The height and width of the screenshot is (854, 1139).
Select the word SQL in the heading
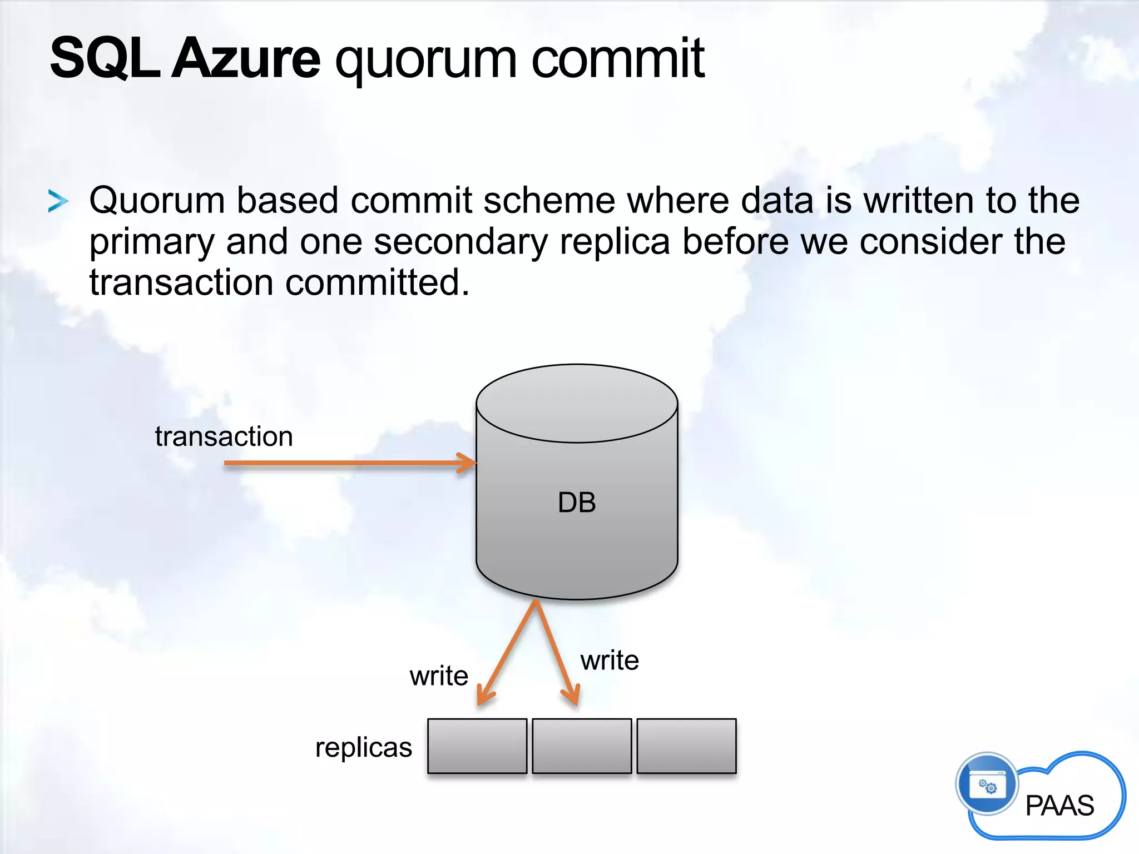[x=105, y=58]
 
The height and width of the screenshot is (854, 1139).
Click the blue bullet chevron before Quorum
[x=58, y=201]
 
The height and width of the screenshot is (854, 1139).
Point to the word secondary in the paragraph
[x=460, y=241]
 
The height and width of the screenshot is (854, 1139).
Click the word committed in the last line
[x=377, y=282]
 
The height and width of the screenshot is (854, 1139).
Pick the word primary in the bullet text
[x=151, y=242]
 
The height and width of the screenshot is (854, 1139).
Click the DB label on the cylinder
[x=577, y=503]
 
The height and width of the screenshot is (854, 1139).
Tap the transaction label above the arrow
[x=224, y=436]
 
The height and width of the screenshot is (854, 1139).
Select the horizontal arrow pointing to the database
[x=350, y=463]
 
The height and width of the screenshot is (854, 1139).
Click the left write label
[x=439, y=676]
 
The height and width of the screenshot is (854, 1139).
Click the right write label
[x=610, y=661]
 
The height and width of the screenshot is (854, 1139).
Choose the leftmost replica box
[x=477, y=746]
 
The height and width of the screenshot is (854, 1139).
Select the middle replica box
[x=582, y=746]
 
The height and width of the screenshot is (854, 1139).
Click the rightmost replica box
[x=686, y=746]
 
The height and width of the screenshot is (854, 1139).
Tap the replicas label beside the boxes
[x=364, y=747]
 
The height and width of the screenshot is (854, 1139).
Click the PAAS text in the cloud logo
[x=1059, y=805]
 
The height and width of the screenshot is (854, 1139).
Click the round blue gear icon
[x=987, y=784]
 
